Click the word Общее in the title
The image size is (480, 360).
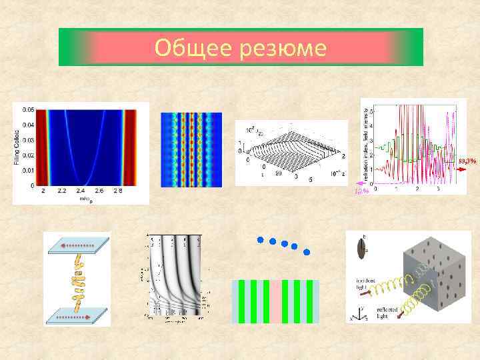click(x=193, y=48)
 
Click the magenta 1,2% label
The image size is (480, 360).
click(x=361, y=192)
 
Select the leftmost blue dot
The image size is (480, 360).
click(x=261, y=238)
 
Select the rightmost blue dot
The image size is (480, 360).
click(x=307, y=253)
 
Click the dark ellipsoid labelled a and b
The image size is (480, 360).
click(x=361, y=249)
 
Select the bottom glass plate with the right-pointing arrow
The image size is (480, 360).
click(x=76, y=317)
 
